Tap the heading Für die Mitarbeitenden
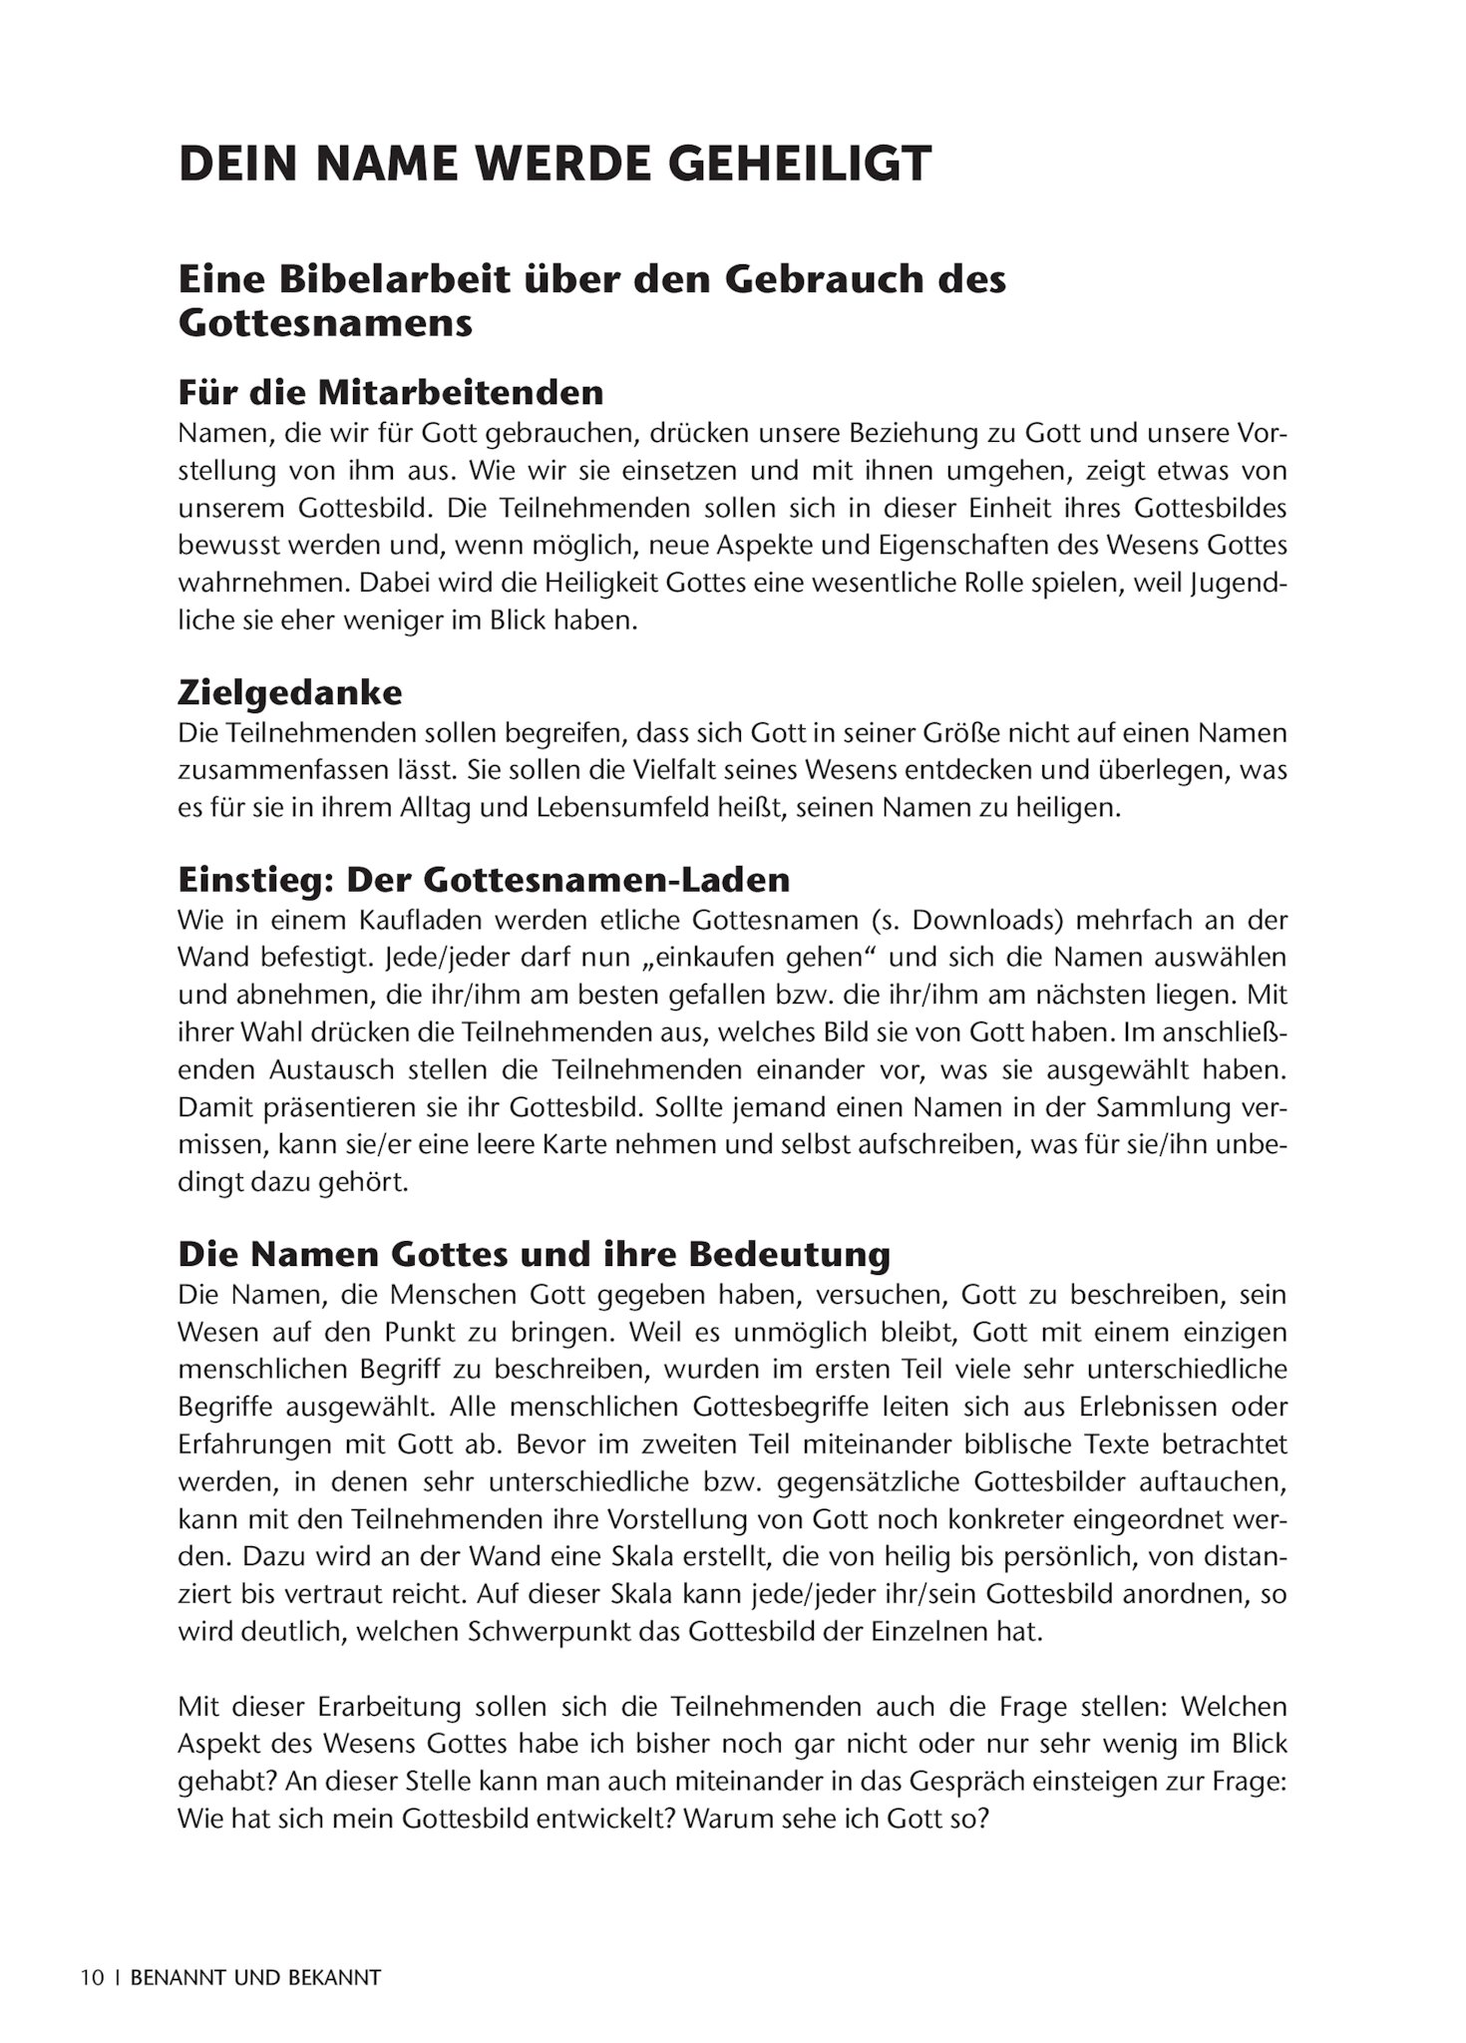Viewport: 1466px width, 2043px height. (391, 392)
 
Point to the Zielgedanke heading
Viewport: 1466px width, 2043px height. (290, 692)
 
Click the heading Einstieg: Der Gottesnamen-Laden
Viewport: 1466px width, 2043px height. (484, 880)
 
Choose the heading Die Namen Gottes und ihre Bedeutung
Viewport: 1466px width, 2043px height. (534, 1254)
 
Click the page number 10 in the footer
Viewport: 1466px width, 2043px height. (93, 1977)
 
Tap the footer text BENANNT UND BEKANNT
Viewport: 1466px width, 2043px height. (256, 1977)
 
